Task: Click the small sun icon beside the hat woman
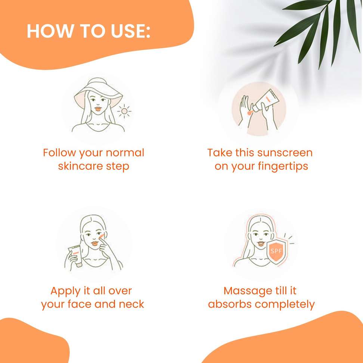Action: (x=124, y=111)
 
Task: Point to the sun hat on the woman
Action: (x=98, y=92)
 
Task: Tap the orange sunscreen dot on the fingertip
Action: (x=249, y=113)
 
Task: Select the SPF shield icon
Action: (x=276, y=251)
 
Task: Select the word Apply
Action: (x=65, y=291)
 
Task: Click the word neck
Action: (x=131, y=304)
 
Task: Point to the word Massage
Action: (x=246, y=291)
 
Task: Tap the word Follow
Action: (x=59, y=153)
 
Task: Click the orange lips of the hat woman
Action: (x=98, y=109)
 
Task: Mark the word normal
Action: (x=125, y=153)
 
